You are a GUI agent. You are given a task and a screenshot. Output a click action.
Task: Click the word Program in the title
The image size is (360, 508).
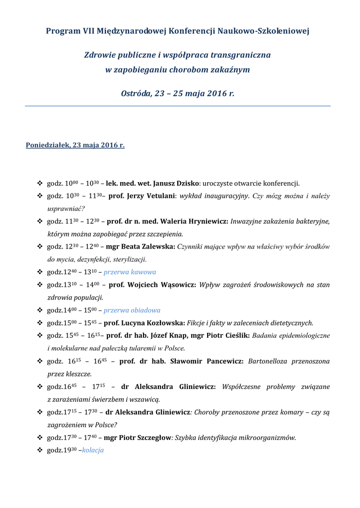(x=60, y=31)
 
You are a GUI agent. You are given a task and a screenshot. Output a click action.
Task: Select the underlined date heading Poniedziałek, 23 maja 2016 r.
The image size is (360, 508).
(x=75, y=145)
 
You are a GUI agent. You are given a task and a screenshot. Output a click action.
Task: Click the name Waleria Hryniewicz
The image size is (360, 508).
(x=194, y=221)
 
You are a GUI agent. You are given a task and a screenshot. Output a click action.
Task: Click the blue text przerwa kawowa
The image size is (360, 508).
(x=130, y=272)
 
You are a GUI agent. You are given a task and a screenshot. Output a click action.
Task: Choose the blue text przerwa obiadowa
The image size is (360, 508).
(x=132, y=310)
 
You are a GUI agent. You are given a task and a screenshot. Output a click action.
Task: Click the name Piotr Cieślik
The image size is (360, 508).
(x=229, y=336)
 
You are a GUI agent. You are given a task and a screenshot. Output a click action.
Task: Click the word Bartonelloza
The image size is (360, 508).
(x=268, y=361)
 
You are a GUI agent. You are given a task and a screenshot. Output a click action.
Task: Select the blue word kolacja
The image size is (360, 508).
(x=93, y=450)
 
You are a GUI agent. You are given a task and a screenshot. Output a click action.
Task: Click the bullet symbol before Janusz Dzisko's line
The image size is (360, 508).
(x=40, y=184)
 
